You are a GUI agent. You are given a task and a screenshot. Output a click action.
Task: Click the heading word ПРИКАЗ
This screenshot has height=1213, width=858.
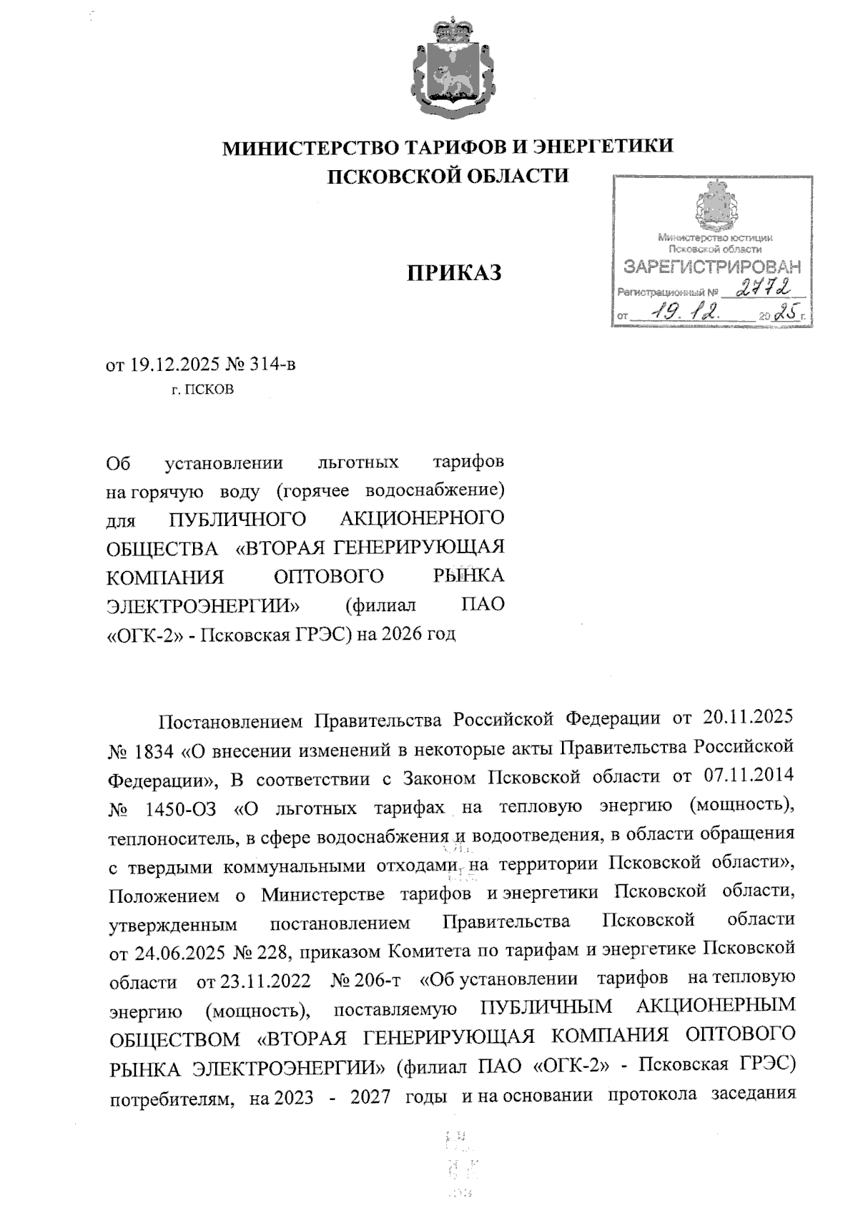click(x=454, y=273)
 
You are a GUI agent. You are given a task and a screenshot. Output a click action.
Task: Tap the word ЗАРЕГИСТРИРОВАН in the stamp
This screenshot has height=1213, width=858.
click(x=712, y=267)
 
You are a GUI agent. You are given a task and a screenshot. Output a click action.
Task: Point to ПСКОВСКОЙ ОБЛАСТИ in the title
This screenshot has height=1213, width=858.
click(x=448, y=176)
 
